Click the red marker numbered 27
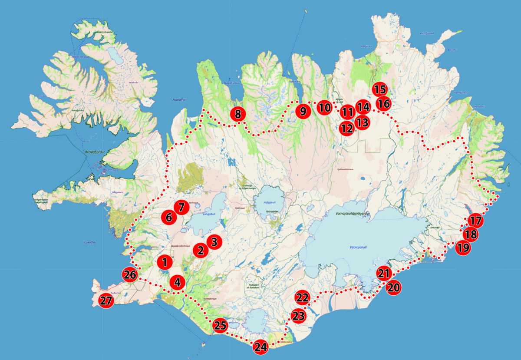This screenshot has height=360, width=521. pos(106,301)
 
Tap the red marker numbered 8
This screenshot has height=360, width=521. pos(238,114)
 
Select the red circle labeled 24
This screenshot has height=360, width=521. pos(260,347)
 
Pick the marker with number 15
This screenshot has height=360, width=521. pos(380,89)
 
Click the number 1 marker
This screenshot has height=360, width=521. pos(165,262)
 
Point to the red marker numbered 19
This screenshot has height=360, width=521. pos(463,248)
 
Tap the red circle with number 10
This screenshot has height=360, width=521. pos(324,107)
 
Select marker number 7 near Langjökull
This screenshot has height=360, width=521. pos(181,207)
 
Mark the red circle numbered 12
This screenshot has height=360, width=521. pos(346,129)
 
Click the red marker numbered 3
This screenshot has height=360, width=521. pos(214,241)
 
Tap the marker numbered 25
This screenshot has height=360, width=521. pos(220,325)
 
